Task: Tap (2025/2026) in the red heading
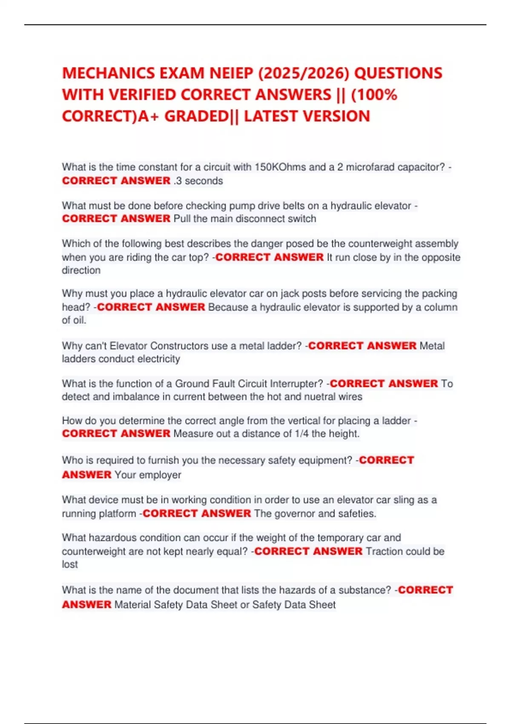pyautogui.click(x=304, y=73)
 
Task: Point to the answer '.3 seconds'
pyautogui.click(x=198, y=181)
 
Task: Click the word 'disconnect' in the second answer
pyautogui.click(x=260, y=219)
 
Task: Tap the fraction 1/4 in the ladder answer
pyautogui.click(x=301, y=434)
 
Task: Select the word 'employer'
pyautogui.click(x=160, y=475)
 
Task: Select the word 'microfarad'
pyautogui.click(x=369, y=167)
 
